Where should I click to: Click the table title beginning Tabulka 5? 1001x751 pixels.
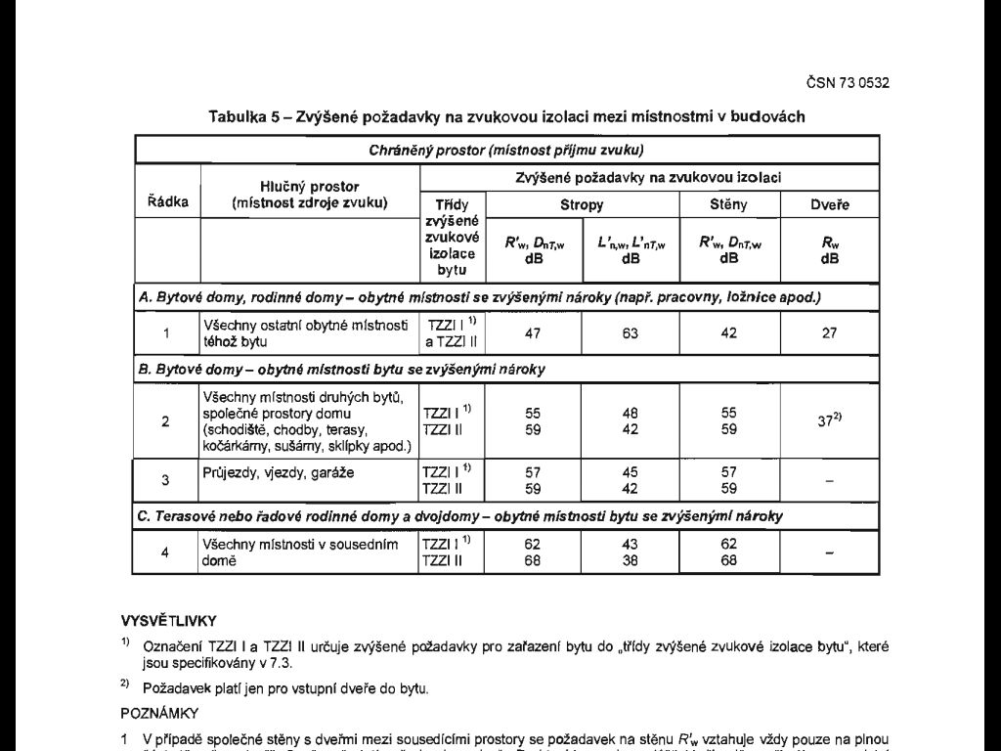[506, 116]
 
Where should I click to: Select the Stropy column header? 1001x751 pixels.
[581, 205]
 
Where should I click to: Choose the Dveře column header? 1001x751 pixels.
[830, 205]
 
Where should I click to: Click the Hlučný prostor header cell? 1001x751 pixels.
[310, 195]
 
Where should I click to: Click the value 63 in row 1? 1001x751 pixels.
[631, 333]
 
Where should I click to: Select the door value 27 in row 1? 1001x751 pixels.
[830, 333]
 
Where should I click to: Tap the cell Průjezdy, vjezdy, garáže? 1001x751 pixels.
[279, 473]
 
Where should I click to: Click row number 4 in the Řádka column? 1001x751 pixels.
[166, 552]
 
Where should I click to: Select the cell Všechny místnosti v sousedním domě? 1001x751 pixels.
[299, 552]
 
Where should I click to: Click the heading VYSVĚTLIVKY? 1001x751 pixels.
[168, 620]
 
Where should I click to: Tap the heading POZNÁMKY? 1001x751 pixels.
[160, 713]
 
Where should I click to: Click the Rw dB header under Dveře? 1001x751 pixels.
[830, 251]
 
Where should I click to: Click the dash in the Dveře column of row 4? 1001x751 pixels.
[830, 552]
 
